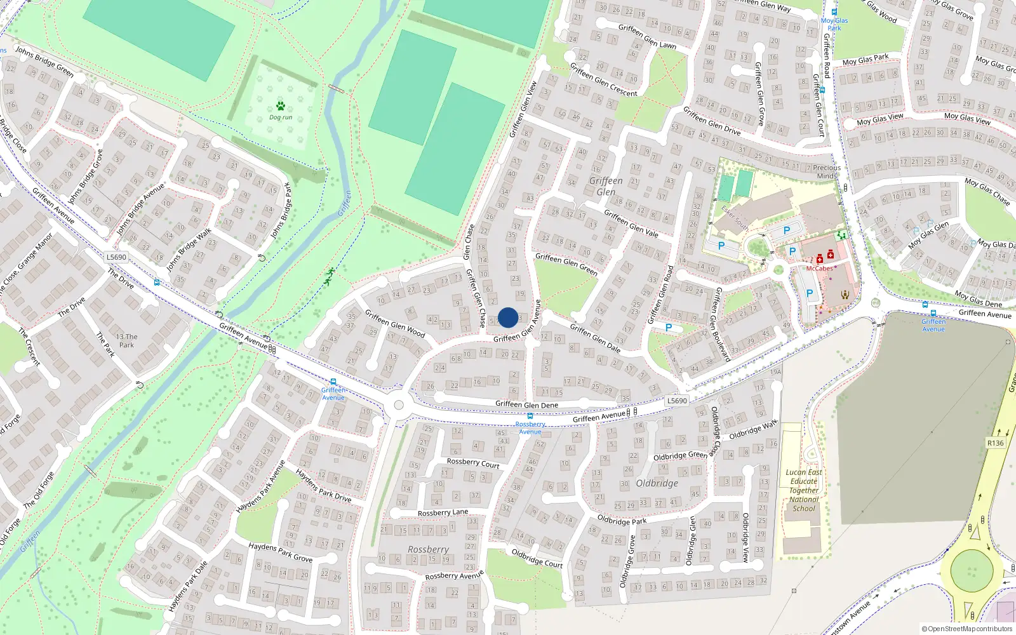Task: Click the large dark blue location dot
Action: [508, 317]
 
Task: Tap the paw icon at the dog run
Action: [281, 106]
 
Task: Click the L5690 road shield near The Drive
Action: [116, 257]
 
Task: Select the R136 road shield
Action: [996, 443]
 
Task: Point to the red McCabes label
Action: [819, 269]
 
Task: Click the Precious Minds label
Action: [827, 172]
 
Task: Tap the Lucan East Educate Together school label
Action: [804, 490]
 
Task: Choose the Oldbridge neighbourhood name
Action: [657, 483]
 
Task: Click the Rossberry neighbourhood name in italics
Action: [428, 549]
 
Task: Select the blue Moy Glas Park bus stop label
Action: [834, 24]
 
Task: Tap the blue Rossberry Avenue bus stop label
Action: [530, 428]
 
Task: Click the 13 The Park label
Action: [126, 341]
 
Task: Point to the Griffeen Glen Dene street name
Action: [526, 404]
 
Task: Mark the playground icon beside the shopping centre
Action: [842, 235]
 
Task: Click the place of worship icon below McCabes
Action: [845, 294]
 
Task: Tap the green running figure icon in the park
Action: [330, 276]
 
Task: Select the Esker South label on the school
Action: [735, 218]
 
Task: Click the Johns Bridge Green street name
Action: [44, 62]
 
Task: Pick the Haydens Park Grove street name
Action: [280, 552]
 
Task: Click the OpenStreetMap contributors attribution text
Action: [966, 629]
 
